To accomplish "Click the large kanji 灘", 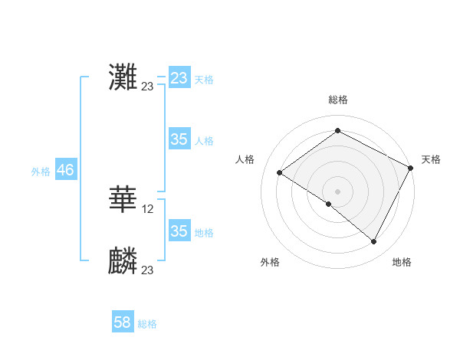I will coord(123,76).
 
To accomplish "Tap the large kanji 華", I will coord(123,198).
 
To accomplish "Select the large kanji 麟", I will coord(123,260).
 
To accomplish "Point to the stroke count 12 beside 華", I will coord(148,208).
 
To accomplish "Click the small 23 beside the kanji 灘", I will coord(147,87).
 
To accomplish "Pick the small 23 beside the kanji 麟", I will coord(147,270).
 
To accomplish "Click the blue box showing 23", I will coord(179,78).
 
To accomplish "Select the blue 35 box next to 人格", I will coord(179,139).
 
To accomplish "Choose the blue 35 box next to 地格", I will coord(179,231).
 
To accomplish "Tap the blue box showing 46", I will coord(65,170).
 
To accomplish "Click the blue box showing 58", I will coord(123,322).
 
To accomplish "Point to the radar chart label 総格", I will coord(337,100).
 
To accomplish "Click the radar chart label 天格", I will coord(431,159).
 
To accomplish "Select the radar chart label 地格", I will coord(402,262).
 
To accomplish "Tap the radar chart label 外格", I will coord(270,262).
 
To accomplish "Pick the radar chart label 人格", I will coord(245,159).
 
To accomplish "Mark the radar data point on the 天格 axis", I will coord(411,168).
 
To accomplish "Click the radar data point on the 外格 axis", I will coord(329,204).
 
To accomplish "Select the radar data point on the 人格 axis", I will coord(280,173).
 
